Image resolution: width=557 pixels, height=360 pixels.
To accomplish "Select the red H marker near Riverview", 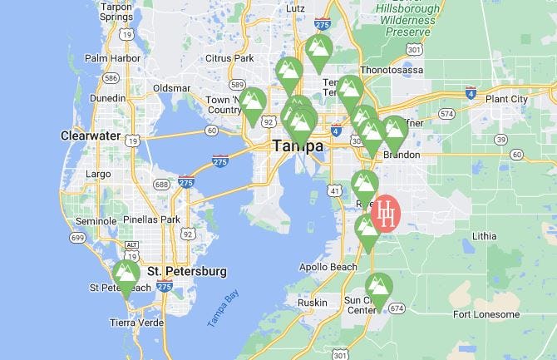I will [387, 214].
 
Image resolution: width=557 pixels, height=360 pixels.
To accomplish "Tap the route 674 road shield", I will [396, 308].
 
